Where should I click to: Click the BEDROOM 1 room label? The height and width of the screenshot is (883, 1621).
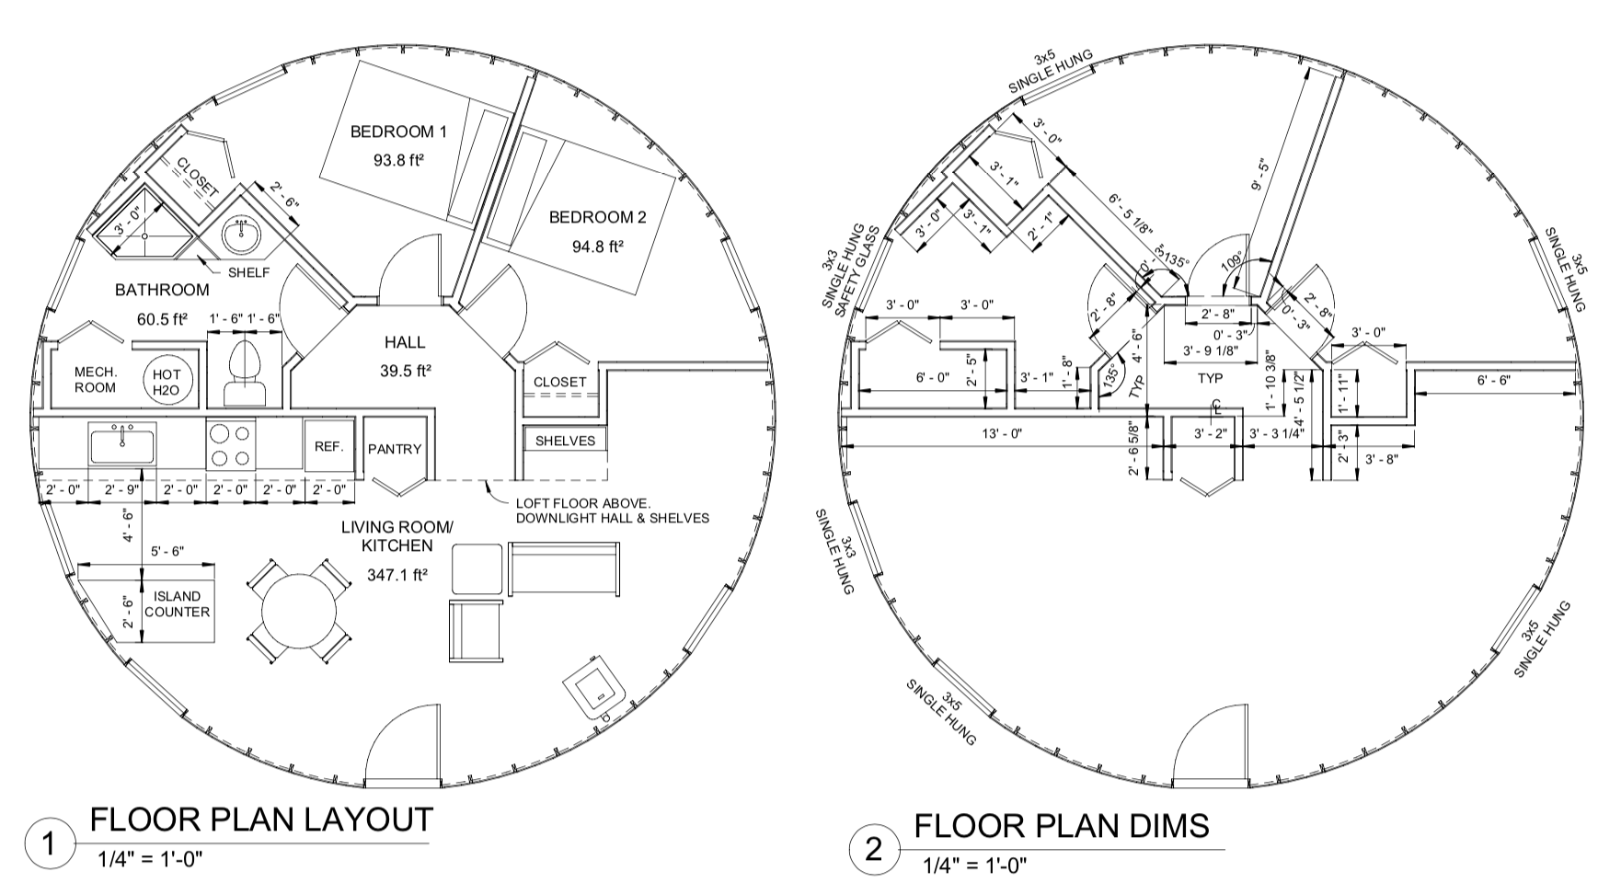(x=397, y=132)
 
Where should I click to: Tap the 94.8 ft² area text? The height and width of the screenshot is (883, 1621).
(x=597, y=247)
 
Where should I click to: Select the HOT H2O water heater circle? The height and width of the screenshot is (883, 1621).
(x=167, y=381)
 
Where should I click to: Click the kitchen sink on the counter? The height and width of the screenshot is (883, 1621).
(x=122, y=443)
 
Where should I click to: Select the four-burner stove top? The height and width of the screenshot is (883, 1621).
(x=230, y=445)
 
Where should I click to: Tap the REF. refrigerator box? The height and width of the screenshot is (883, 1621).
(x=328, y=447)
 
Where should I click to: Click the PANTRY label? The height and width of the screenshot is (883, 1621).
(x=394, y=449)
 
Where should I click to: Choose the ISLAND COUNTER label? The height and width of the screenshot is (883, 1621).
(x=178, y=604)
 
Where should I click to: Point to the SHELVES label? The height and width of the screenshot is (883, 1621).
(x=565, y=441)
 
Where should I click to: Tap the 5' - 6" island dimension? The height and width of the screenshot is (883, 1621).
(x=167, y=552)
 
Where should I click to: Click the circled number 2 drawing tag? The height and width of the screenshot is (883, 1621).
(x=873, y=849)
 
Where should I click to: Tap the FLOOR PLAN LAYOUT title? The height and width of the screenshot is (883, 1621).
(x=260, y=820)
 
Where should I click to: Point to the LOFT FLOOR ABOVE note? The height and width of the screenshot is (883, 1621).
(x=583, y=504)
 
